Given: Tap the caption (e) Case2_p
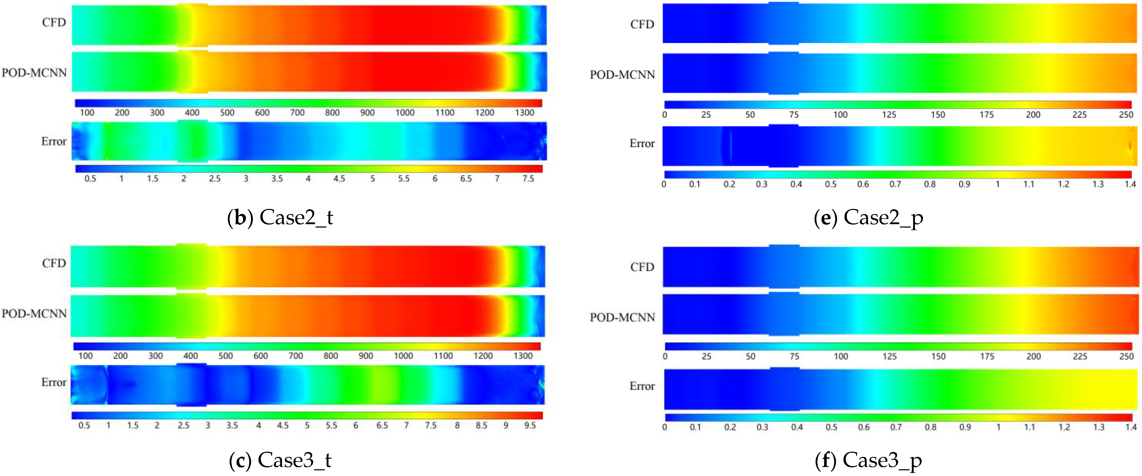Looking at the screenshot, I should click(869, 217).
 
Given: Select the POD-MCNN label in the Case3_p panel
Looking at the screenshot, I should click(622, 317).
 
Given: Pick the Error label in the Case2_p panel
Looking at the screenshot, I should click(642, 143).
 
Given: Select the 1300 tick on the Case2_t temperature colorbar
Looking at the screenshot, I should click(525, 113).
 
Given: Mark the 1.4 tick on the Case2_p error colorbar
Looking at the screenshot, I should click(1130, 184).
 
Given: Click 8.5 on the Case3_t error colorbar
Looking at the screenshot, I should click(481, 425).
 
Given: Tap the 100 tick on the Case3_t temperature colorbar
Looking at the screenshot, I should click(86, 356).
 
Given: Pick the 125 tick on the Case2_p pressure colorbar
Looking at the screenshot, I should click(889, 114).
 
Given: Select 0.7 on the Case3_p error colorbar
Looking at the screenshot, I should click(896, 427).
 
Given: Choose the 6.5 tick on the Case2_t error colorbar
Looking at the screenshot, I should click(466, 178).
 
